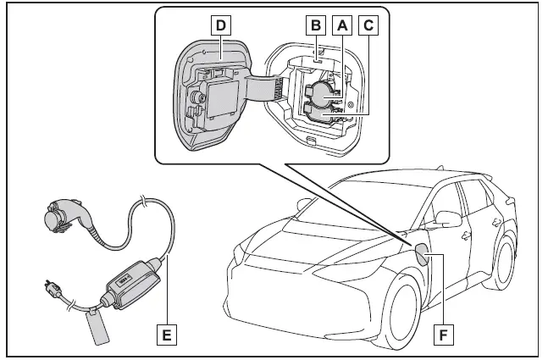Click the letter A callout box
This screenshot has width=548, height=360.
tap(343, 25)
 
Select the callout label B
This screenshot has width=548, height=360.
tap(316, 25)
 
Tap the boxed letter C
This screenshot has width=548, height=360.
tap(368, 25)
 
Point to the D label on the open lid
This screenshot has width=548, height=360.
tap(220, 25)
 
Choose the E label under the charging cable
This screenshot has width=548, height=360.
tap(168, 335)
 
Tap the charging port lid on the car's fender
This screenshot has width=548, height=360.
tap(421, 252)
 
